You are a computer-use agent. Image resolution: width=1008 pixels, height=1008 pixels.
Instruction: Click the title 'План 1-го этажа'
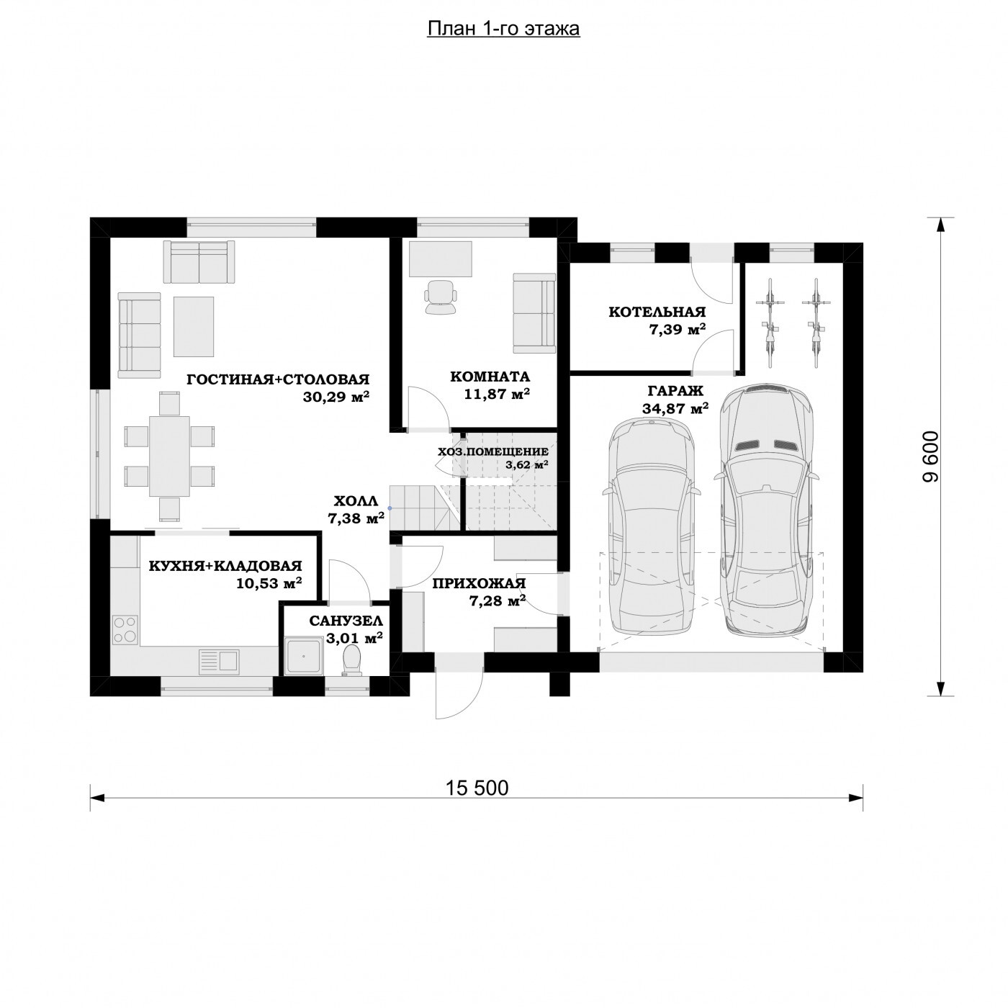click(503, 29)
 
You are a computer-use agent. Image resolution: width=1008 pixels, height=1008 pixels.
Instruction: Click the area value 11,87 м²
click(497, 393)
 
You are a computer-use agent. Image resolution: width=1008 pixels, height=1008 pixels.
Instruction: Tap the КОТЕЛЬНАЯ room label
click(657, 312)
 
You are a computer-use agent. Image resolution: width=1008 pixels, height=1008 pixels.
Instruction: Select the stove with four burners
click(125, 630)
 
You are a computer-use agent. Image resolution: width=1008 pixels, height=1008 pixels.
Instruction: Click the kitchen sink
click(219, 661)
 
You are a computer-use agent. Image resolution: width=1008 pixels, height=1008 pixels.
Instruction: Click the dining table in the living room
click(169, 456)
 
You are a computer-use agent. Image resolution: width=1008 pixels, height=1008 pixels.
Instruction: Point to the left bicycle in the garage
click(770, 323)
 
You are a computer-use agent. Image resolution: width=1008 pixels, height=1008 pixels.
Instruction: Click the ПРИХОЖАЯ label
click(479, 583)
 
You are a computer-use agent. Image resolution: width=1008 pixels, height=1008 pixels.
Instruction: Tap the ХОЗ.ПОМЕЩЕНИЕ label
click(493, 451)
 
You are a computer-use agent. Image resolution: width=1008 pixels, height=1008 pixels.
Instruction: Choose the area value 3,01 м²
click(354, 638)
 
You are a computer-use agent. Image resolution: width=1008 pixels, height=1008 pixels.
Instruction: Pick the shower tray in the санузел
click(304, 654)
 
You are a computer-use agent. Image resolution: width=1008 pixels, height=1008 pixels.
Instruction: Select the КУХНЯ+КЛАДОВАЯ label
click(225, 566)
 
